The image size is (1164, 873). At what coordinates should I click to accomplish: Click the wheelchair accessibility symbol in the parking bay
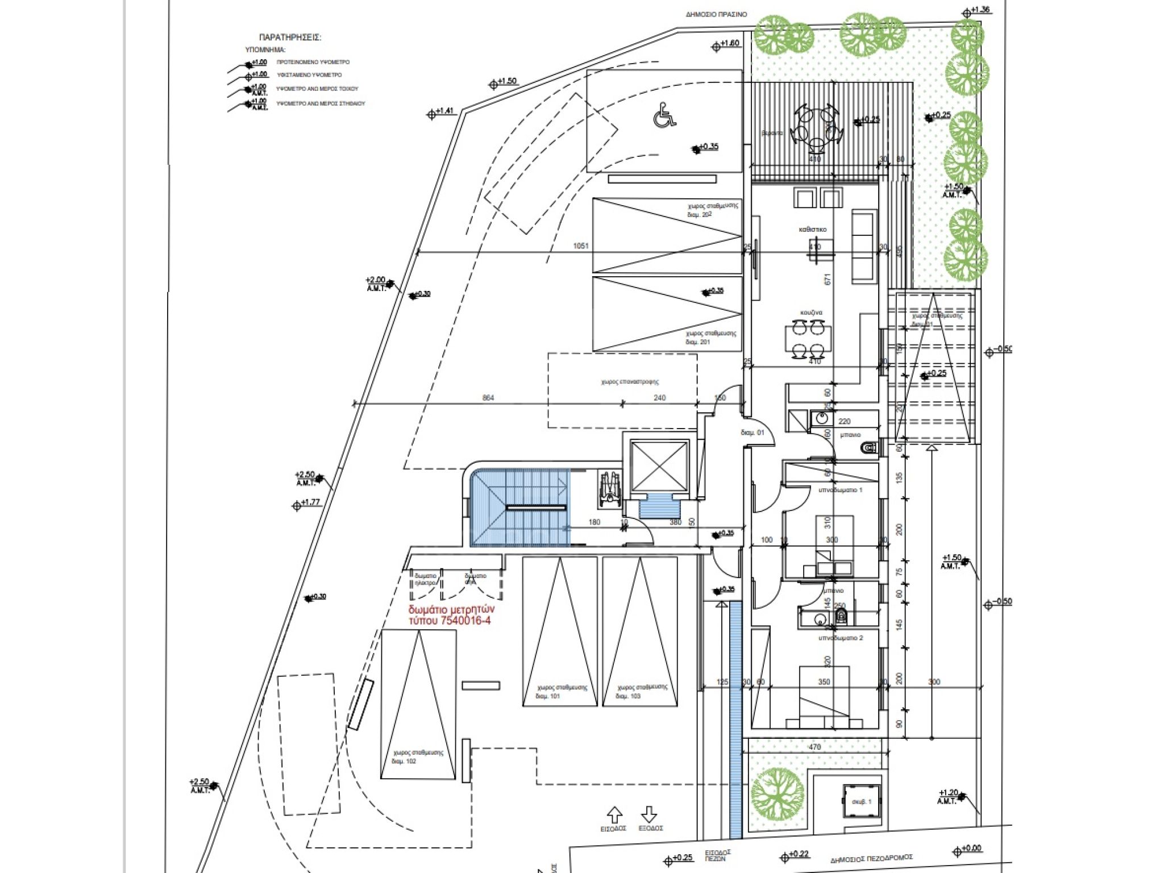coord(663,115)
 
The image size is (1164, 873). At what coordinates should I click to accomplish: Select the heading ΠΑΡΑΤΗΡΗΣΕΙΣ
coord(290,38)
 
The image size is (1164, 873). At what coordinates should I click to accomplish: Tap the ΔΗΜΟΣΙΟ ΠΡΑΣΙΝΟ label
coord(716,15)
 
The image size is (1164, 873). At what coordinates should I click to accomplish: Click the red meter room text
coord(450,616)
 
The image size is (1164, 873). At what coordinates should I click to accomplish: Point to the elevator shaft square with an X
coord(659,466)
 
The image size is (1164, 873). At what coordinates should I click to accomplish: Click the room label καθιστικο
coord(813,230)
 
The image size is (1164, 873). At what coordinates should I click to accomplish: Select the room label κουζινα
coord(811,313)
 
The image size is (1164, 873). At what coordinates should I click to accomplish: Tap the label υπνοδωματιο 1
coord(840,490)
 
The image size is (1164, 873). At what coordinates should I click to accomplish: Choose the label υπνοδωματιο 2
coord(840,638)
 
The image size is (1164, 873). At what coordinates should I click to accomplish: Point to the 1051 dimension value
coord(581,246)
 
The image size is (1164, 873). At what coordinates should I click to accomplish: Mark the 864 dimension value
coord(488,398)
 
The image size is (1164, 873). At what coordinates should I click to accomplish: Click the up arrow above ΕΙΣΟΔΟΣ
coord(614,814)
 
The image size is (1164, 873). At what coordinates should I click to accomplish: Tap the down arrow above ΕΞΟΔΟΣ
coord(649,814)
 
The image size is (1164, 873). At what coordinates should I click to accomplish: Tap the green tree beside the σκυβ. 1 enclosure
coord(778,794)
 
